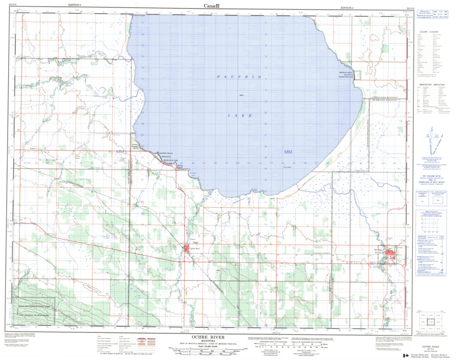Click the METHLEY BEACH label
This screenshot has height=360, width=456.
pos(346,73)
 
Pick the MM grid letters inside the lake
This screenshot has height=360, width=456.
pos(288,152)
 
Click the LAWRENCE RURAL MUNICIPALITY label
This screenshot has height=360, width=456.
pos(386,97)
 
